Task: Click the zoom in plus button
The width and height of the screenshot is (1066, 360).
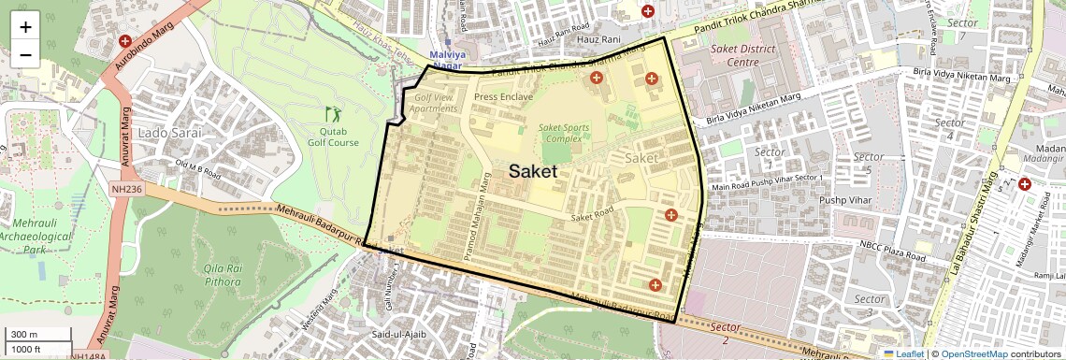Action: tap(25, 26)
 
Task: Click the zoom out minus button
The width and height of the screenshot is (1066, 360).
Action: tap(25, 54)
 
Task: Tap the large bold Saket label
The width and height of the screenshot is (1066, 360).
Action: tap(533, 171)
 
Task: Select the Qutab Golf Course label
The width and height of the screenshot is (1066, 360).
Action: tap(334, 137)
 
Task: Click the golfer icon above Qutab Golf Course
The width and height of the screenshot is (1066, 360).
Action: tap(333, 114)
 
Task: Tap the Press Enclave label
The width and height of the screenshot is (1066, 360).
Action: tap(503, 96)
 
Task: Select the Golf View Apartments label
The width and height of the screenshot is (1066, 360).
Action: tap(436, 103)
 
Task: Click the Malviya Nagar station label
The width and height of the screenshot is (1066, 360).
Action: tap(446, 60)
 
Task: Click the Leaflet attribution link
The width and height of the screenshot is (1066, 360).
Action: tap(903, 353)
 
